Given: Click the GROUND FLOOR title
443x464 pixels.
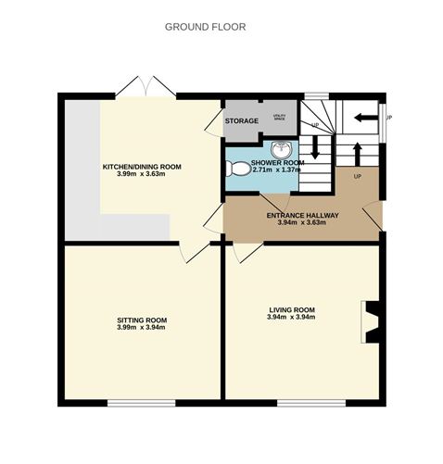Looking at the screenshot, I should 205,27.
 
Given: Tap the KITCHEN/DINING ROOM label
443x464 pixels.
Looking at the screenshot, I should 142,167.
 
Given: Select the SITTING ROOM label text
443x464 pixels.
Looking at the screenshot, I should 142,320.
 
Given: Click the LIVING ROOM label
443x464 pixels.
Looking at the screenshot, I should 292,309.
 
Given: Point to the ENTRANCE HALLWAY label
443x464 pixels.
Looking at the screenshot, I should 302,216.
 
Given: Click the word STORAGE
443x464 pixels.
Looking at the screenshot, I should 241,120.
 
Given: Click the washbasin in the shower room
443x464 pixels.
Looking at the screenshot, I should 283,149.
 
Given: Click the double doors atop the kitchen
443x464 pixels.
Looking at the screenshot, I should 151,87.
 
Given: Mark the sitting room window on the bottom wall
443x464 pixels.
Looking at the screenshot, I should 141,402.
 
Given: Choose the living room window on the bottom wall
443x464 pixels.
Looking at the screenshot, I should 310,402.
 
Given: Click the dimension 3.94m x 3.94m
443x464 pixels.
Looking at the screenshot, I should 292,318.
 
